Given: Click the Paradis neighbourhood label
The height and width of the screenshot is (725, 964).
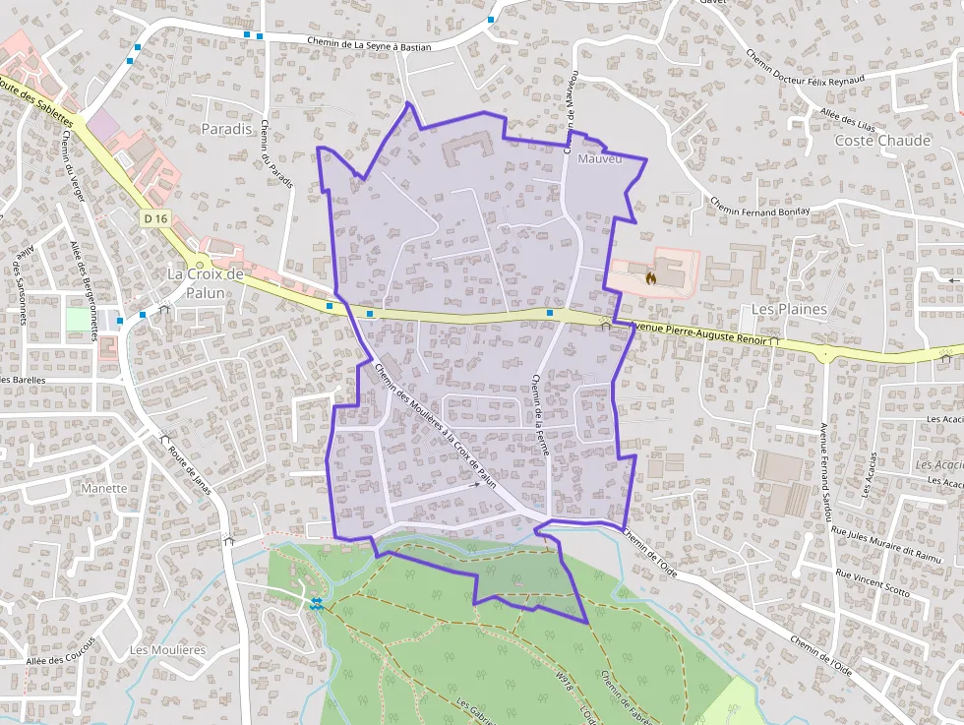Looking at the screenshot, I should [227, 129].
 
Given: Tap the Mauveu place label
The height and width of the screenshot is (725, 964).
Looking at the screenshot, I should [601, 159].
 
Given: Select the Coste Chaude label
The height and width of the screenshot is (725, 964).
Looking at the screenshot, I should [882, 141].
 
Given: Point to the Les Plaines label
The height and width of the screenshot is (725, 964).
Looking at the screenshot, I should [789, 309].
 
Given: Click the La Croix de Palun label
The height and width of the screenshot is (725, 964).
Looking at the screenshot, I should [205, 283].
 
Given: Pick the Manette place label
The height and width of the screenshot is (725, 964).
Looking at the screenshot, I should [105, 488].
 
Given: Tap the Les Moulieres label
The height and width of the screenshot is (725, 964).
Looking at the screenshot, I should [167, 650].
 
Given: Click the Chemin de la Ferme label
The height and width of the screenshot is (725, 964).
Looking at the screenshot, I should [540, 414].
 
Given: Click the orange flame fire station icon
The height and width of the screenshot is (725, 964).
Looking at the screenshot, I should [649, 279].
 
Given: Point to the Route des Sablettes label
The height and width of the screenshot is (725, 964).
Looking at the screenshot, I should [35, 100].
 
